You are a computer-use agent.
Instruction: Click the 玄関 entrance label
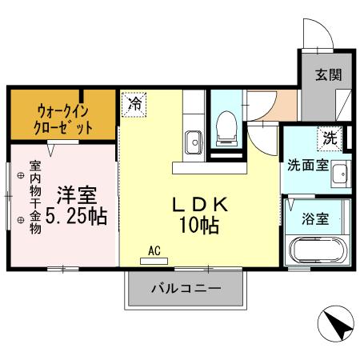tap(328, 75)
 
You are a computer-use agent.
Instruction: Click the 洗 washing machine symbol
tap(330, 137)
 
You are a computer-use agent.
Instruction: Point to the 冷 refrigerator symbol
tap(135, 103)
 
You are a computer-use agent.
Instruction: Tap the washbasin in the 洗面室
tap(339, 173)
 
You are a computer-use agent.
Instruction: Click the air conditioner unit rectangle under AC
tap(154, 261)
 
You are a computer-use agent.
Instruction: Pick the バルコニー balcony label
tap(186, 288)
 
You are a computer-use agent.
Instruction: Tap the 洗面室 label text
tap(307, 166)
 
